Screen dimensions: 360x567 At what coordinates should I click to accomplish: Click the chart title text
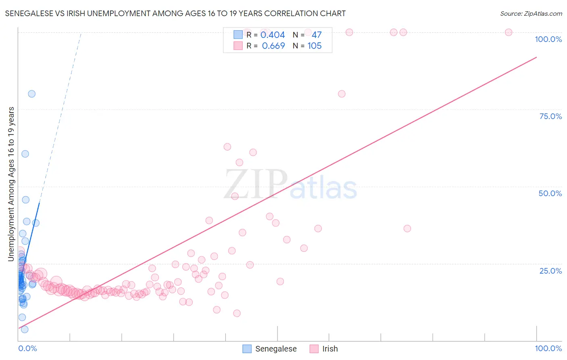click(x=175, y=13)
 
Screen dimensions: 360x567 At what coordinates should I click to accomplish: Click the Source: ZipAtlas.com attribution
click(x=531, y=13)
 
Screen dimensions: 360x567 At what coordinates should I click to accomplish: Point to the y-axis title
click(x=11, y=184)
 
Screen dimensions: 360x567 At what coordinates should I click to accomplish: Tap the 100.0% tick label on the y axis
click(x=548, y=39)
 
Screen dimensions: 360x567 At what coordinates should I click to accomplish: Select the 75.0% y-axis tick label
click(x=550, y=116)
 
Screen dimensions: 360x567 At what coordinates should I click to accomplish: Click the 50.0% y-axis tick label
click(x=550, y=193)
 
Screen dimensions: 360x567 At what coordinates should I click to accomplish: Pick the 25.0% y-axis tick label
click(x=550, y=270)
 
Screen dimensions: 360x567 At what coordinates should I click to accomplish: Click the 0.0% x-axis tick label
click(x=27, y=348)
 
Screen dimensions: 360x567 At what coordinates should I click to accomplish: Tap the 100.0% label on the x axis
click(x=548, y=348)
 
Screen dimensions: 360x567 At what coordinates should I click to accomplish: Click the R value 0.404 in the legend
click(x=273, y=35)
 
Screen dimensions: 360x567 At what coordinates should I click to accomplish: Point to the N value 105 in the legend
click(x=315, y=46)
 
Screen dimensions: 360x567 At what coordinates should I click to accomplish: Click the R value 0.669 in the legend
click(x=273, y=46)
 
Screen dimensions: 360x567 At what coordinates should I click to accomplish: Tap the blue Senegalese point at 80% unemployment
click(x=31, y=94)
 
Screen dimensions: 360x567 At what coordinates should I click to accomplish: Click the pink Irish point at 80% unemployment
click(x=342, y=94)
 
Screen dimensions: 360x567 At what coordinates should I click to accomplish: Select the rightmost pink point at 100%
click(x=509, y=32)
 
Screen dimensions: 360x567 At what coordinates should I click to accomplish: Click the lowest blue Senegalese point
click(x=25, y=329)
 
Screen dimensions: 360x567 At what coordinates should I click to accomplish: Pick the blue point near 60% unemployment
click(x=25, y=154)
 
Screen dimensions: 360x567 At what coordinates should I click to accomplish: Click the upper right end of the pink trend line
click(x=536, y=57)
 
